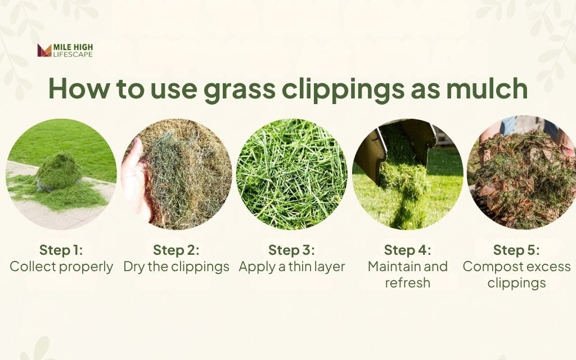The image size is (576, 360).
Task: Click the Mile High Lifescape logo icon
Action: tap(44, 51)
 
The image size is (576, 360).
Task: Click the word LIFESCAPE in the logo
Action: tap(73, 55)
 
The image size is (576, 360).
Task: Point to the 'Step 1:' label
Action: tap(61, 250)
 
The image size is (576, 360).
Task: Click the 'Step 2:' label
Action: tap(176, 250)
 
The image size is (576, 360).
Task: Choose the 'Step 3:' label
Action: tap(291, 250)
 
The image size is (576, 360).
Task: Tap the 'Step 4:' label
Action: tap(407, 250)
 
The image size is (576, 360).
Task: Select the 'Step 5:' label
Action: tap(516, 250)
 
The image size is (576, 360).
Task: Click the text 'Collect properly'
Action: tap(61, 267)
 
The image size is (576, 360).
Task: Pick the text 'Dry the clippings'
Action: tap(176, 267)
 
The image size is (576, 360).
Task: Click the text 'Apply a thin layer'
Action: tap(291, 267)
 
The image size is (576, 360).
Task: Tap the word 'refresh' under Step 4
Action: tap(407, 282)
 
